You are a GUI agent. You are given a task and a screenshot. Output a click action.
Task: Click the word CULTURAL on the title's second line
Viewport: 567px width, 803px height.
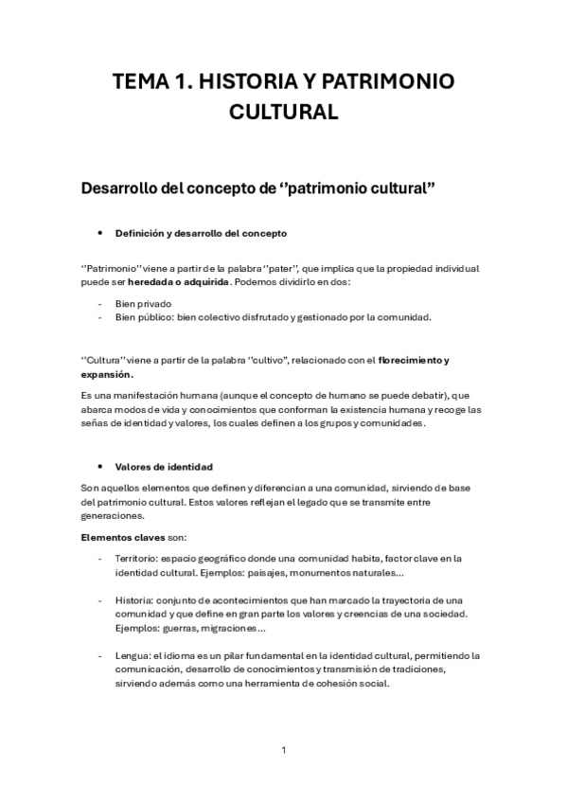coord(284,114)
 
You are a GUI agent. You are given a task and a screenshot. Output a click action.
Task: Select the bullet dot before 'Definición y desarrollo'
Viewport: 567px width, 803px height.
coord(100,233)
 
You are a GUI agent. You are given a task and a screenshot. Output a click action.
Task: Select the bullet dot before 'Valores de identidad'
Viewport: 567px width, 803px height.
coord(100,466)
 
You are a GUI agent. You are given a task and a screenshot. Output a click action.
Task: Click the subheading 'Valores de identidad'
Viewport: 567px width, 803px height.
coord(164,466)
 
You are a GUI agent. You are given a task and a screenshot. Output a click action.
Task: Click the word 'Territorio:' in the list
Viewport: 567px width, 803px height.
coord(138,558)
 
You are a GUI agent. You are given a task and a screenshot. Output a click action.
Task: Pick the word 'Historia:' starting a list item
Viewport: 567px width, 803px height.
coord(135,600)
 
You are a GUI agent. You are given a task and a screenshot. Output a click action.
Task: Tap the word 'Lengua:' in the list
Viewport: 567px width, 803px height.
coord(133,655)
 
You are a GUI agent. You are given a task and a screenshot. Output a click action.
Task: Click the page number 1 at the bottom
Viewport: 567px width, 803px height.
coord(283,750)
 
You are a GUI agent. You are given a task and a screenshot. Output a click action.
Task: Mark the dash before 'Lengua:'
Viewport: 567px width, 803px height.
coord(100,655)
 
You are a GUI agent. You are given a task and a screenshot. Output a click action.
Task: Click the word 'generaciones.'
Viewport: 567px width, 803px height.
coord(112,516)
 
